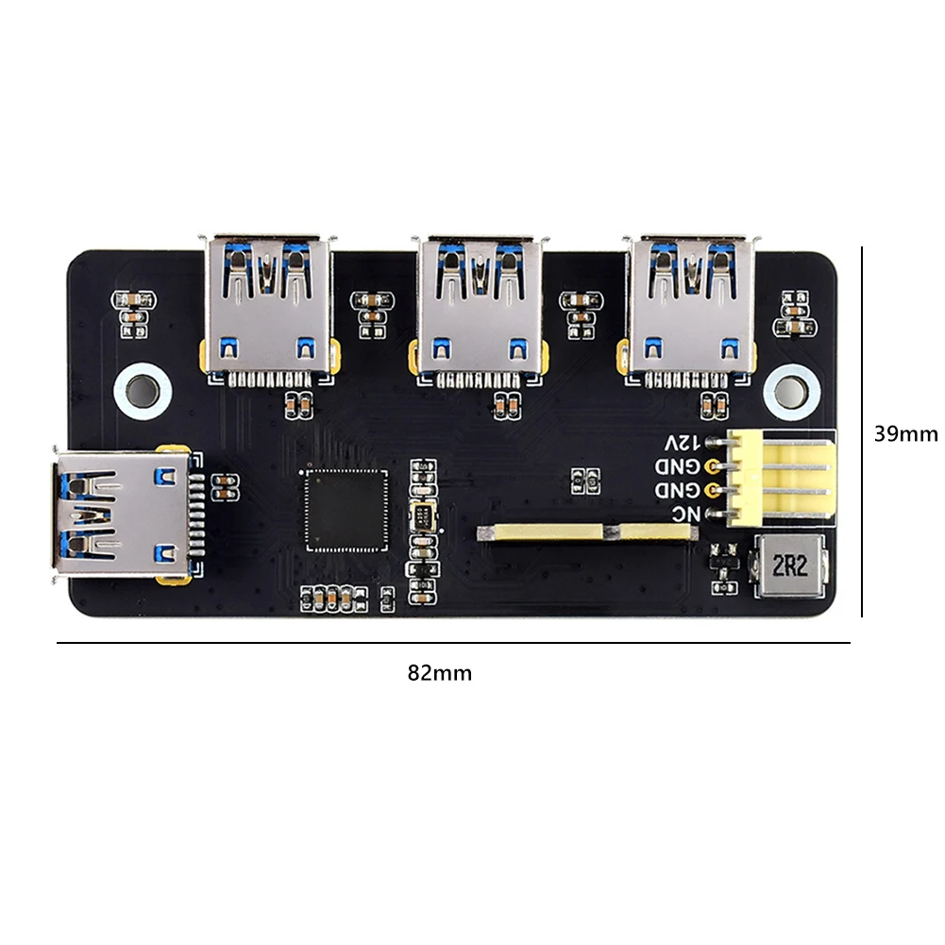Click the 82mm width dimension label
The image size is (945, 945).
click(x=439, y=673)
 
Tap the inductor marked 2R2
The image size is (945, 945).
click(x=787, y=566)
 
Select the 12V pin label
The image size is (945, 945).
click(x=683, y=442)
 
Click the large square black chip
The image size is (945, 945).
click(x=346, y=509)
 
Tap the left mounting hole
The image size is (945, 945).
click(x=141, y=389)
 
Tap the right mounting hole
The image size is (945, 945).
click(x=790, y=389)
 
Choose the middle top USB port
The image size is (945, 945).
click(x=481, y=307)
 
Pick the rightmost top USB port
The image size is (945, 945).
click(x=692, y=307)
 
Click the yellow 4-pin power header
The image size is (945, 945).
click(x=784, y=478)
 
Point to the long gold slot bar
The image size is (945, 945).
click(x=588, y=533)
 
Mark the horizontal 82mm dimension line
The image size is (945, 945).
click(x=453, y=644)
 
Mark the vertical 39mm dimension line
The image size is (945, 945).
click(x=863, y=431)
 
